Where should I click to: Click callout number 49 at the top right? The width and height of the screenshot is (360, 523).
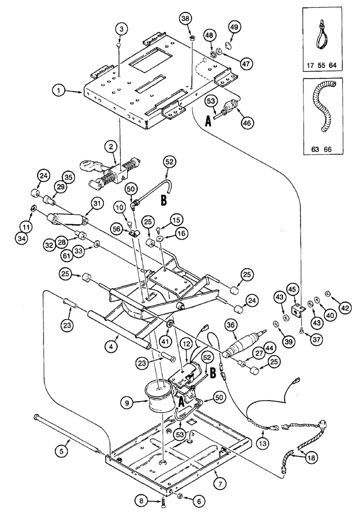pos(233,28)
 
